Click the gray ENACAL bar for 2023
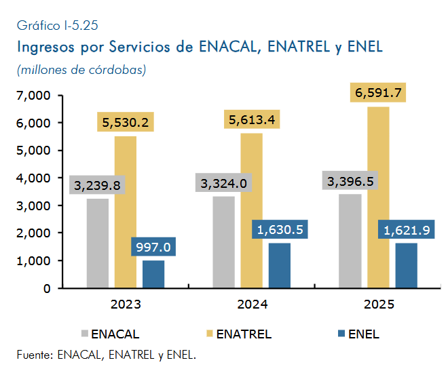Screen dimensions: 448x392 [98, 243]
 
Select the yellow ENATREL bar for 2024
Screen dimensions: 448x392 [251, 210]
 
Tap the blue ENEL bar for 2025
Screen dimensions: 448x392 [407, 265]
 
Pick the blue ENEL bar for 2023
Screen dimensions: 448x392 [153, 274]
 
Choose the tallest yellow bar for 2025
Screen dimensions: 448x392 [378, 197]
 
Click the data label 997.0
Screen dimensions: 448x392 [153, 247]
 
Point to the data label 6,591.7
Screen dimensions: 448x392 [378, 92]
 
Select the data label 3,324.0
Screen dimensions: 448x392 [224, 182]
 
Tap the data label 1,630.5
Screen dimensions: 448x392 [280, 229]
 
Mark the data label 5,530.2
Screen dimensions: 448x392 [126, 122]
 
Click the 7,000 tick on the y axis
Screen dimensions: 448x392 [33, 96]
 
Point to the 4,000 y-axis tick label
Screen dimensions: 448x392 [33, 178]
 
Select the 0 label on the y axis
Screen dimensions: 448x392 [47, 289]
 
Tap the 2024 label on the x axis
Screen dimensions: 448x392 [253, 305]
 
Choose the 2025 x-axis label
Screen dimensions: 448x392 [379, 305]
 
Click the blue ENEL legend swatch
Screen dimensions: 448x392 [341, 334]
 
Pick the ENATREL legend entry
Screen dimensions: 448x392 [239, 334]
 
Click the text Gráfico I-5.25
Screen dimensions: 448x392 [58, 26]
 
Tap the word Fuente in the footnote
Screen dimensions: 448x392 [35, 355]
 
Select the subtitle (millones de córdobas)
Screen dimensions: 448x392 [81, 70]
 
